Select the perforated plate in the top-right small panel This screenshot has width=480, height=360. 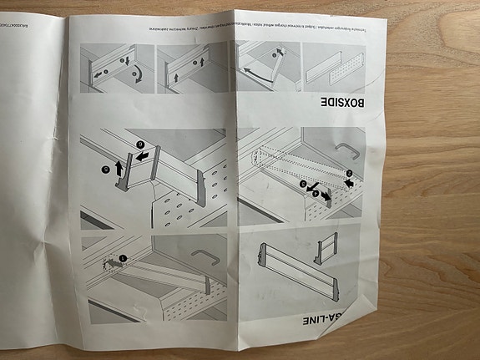pyautogui.click(x=331, y=66)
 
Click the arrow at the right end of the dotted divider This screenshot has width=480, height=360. pyautogui.click(x=348, y=177)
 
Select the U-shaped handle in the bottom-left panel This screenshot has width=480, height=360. pyautogui.click(x=203, y=255)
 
